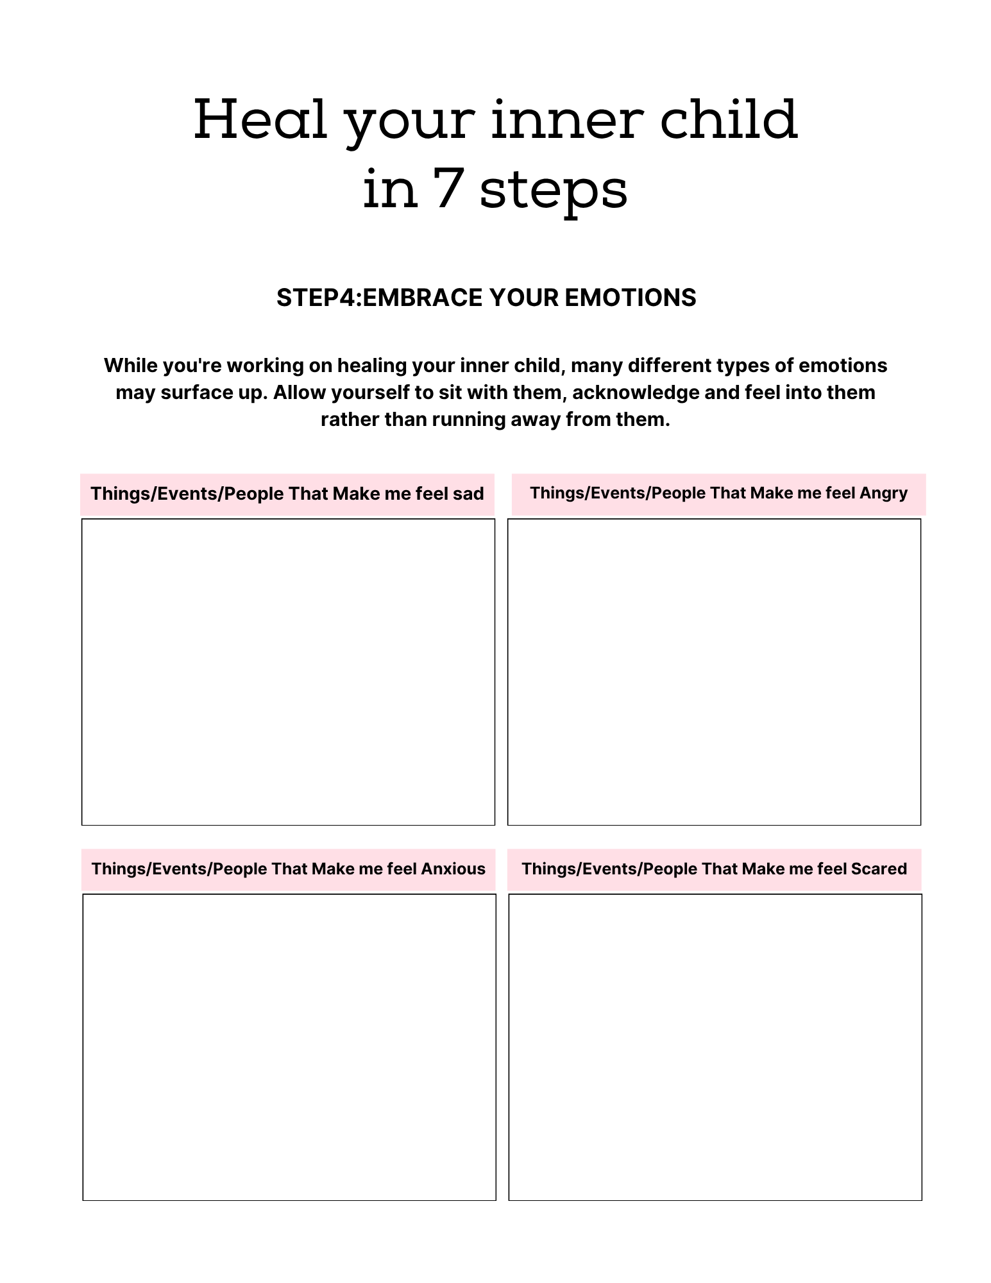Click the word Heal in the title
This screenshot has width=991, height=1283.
point(260,120)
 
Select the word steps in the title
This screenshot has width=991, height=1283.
point(554,191)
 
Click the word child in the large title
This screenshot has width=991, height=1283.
point(729,120)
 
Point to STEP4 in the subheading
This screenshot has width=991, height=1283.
point(316,298)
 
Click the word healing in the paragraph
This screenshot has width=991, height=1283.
point(372,365)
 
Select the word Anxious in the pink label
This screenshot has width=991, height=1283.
point(453,869)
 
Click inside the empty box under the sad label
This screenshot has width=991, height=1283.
point(288,672)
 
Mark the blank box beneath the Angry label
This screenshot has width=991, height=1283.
point(714,672)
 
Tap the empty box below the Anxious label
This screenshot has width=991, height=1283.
point(289,1047)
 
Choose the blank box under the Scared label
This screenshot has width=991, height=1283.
point(715,1047)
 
